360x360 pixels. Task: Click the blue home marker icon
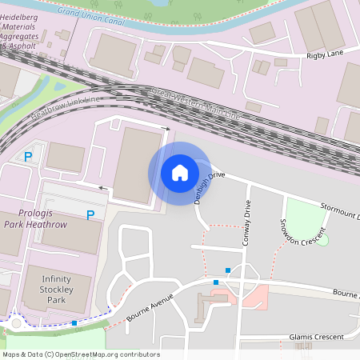(180, 173)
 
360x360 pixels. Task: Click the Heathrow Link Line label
(68, 106)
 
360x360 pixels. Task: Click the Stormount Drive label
(336, 210)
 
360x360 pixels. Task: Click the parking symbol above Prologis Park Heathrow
(90, 214)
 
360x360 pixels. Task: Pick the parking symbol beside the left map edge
(29, 157)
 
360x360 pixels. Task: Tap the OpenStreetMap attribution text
(81, 354)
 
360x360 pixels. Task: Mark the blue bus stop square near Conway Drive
(229, 270)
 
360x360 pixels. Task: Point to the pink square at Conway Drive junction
(255, 298)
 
